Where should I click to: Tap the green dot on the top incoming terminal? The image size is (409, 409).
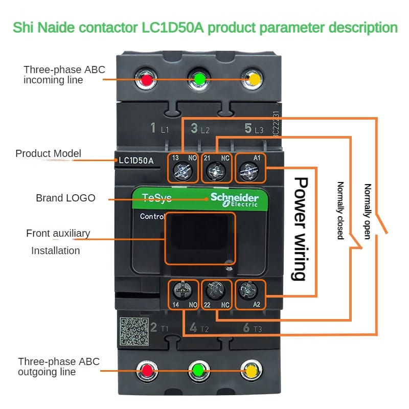(x=199, y=79)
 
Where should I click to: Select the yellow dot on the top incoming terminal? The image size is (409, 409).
(x=252, y=80)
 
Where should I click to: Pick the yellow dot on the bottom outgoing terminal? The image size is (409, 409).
(x=251, y=369)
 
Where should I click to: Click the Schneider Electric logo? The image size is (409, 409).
(x=235, y=200)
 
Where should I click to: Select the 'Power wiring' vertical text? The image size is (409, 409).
(x=300, y=228)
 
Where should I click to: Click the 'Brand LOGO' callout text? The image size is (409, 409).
(x=65, y=198)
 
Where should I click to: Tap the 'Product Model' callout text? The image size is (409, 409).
(x=48, y=153)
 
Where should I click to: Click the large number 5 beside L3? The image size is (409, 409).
(x=248, y=128)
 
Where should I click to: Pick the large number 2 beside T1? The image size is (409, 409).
(x=153, y=327)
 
